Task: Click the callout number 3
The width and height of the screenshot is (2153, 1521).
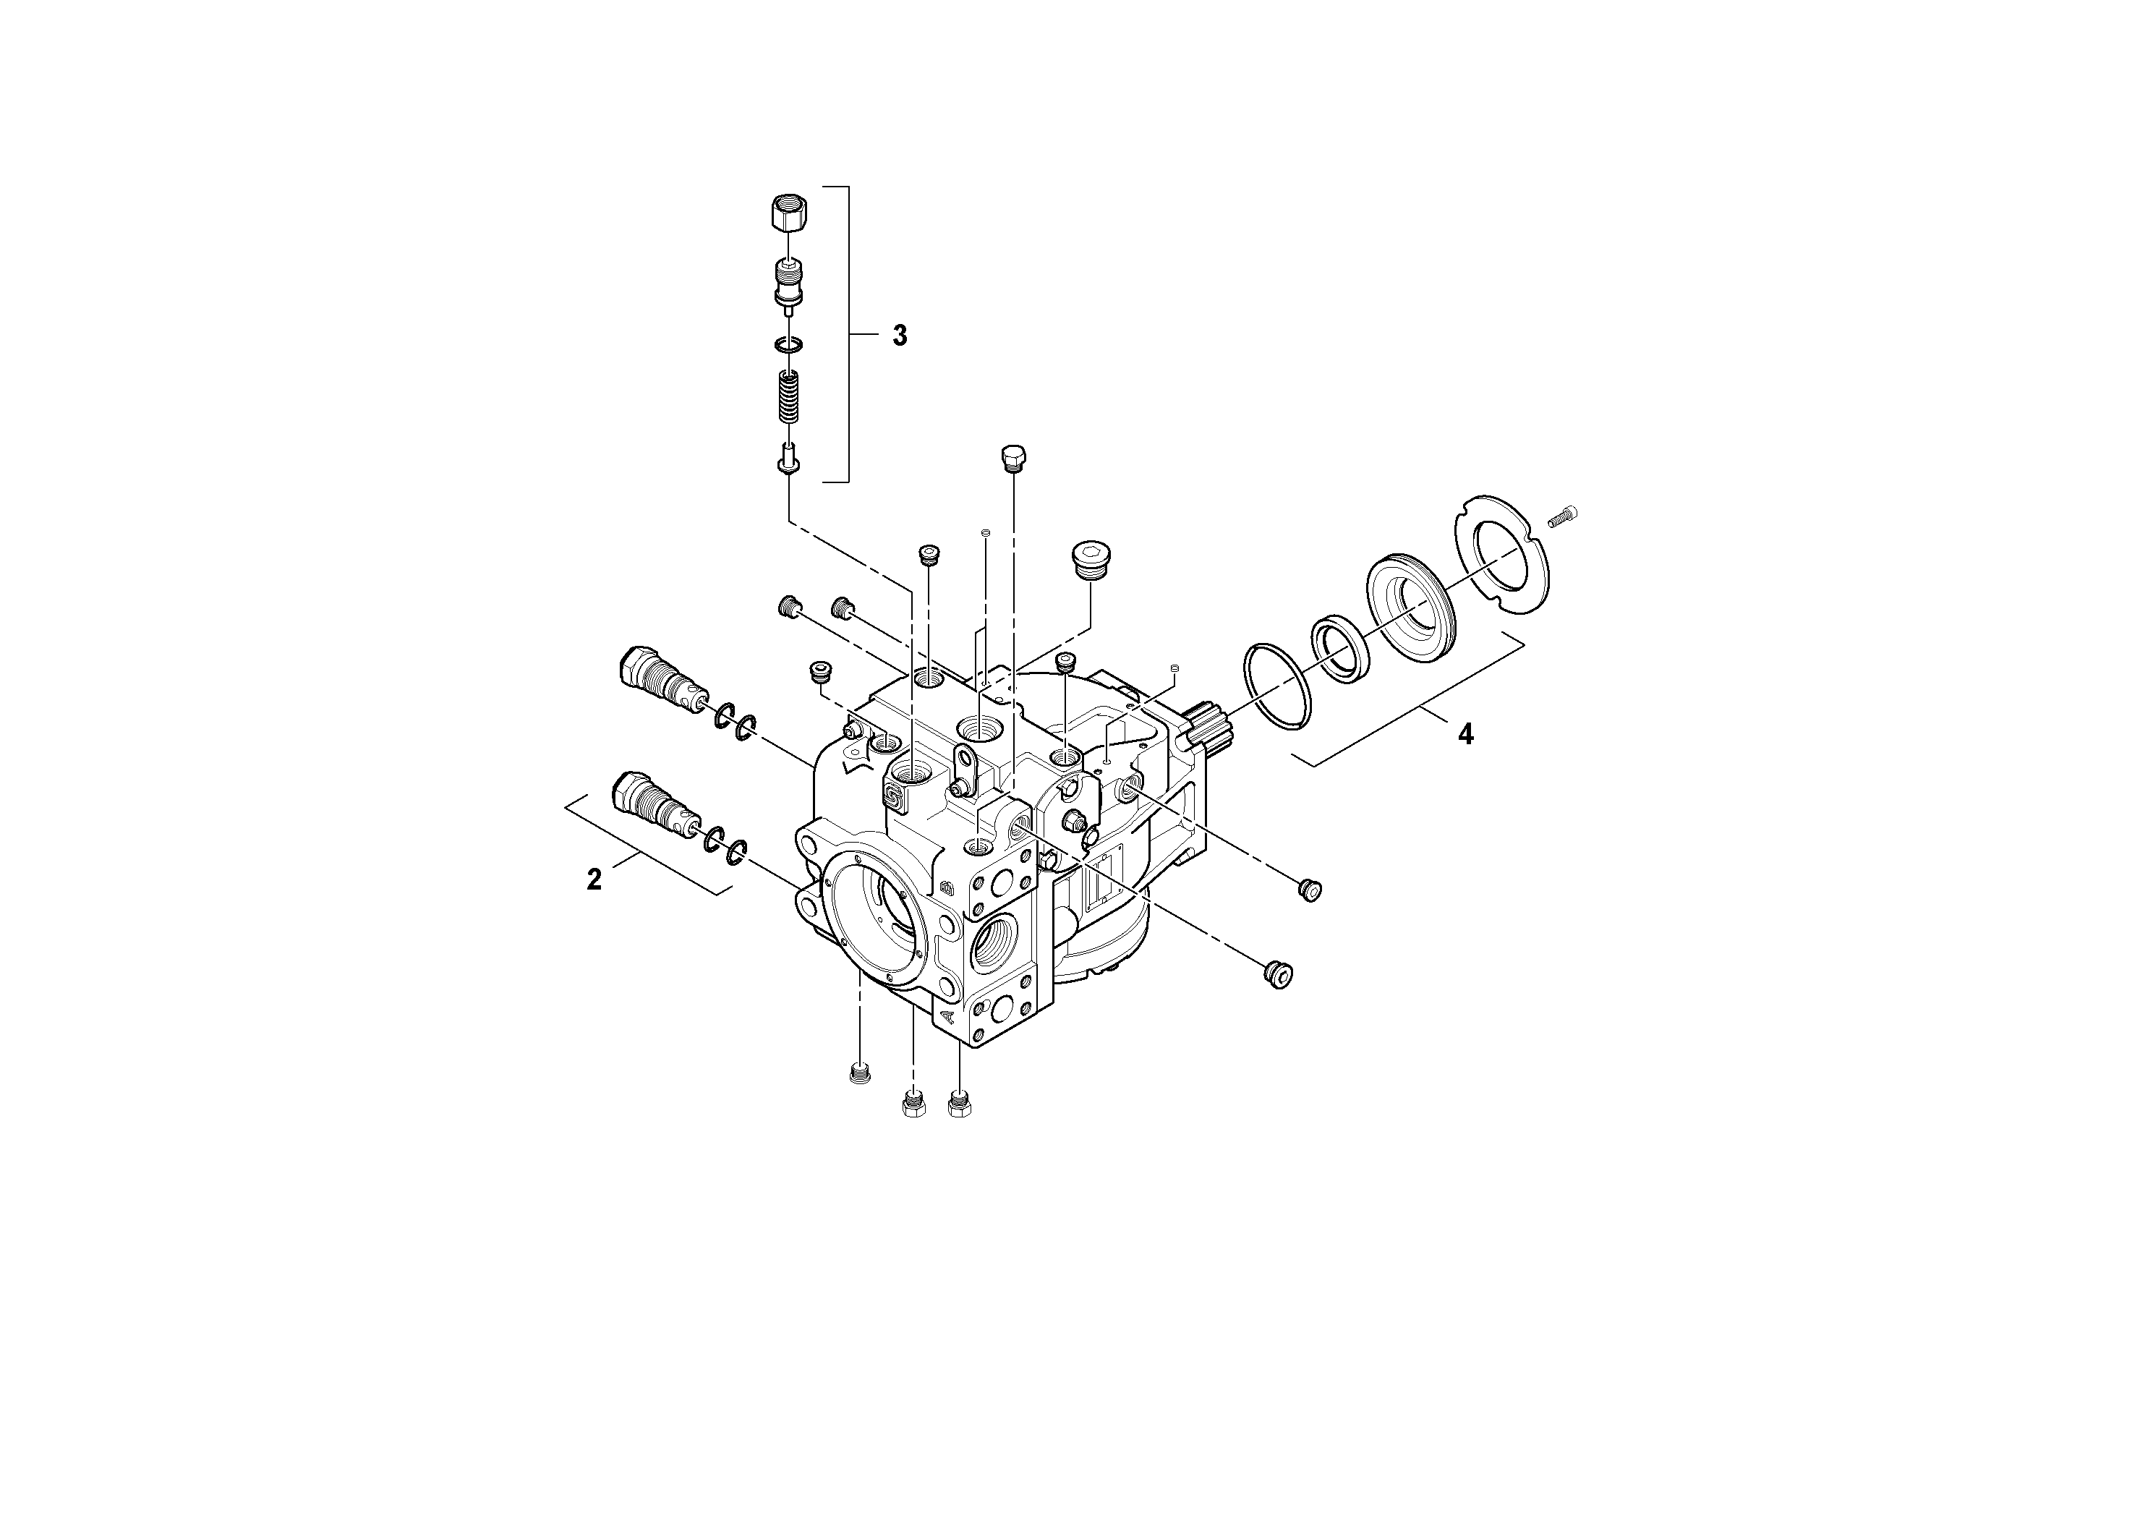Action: (899, 336)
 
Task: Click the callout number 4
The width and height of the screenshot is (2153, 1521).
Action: (1465, 734)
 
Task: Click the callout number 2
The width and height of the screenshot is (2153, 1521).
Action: (594, 879)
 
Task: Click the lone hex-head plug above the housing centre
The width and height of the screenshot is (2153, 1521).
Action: (1015, 459)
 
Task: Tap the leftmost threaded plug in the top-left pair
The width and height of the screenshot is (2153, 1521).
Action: (790, 607)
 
